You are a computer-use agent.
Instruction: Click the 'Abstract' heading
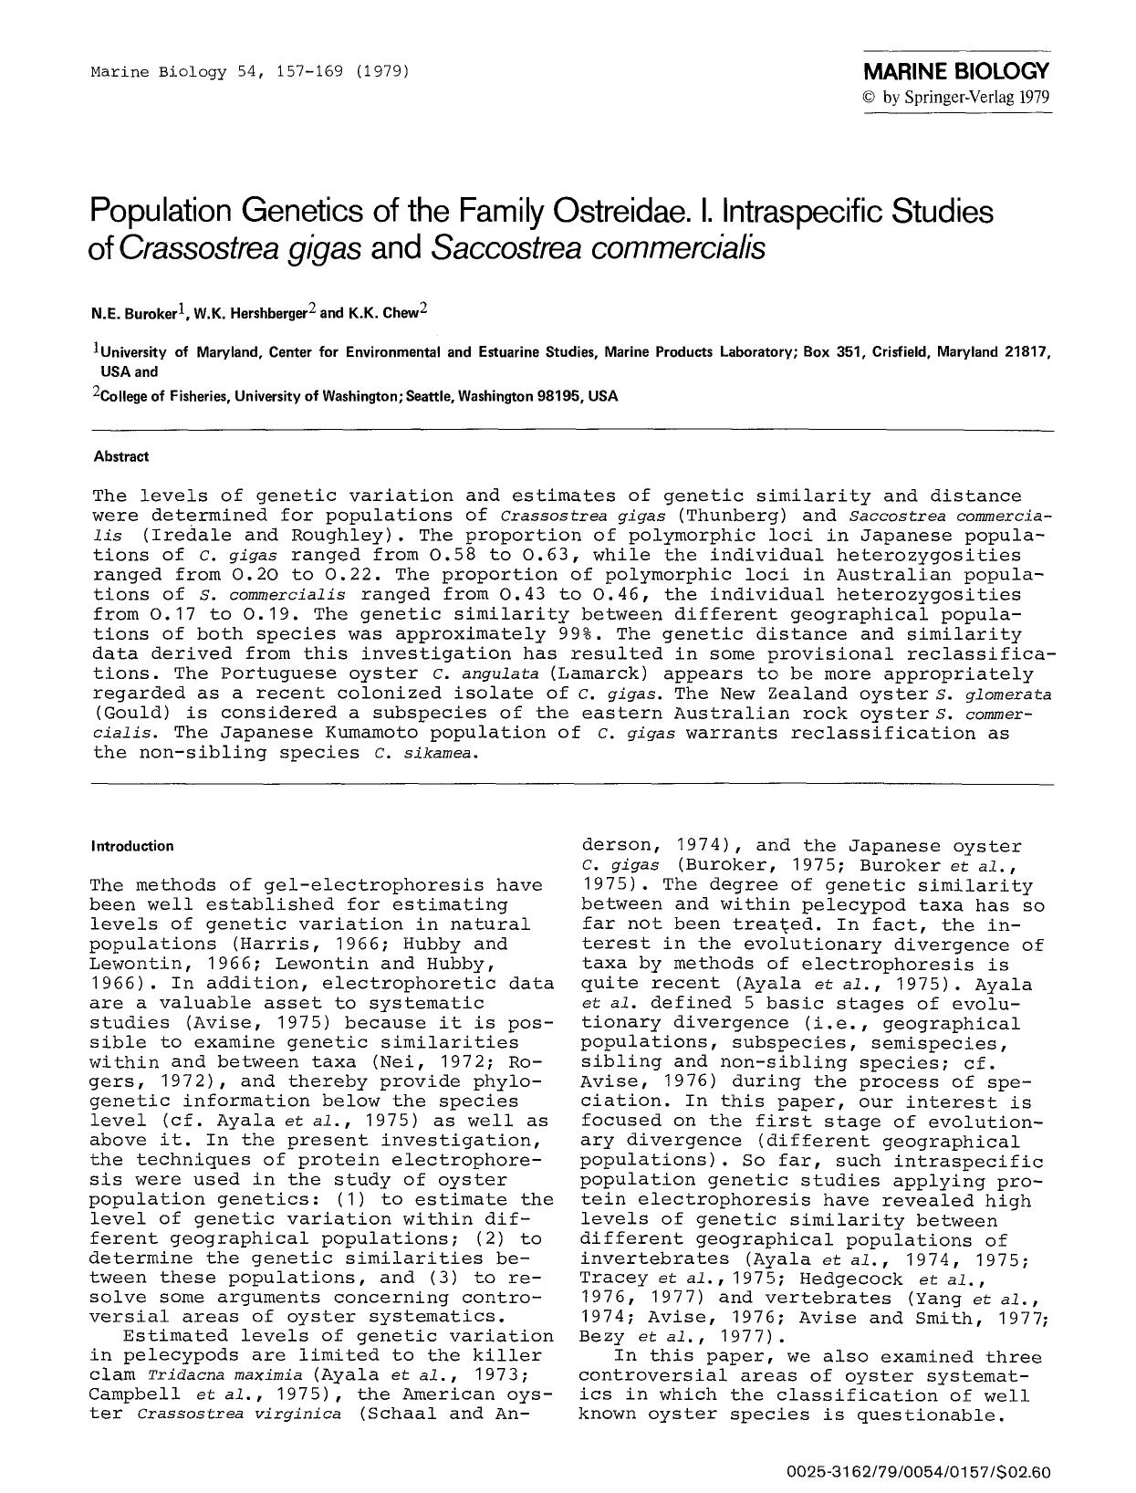click(x=121, y=456)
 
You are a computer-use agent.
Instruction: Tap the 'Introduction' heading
click(x=132, y=846)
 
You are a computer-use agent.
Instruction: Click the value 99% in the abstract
click(x=577, y=634)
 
